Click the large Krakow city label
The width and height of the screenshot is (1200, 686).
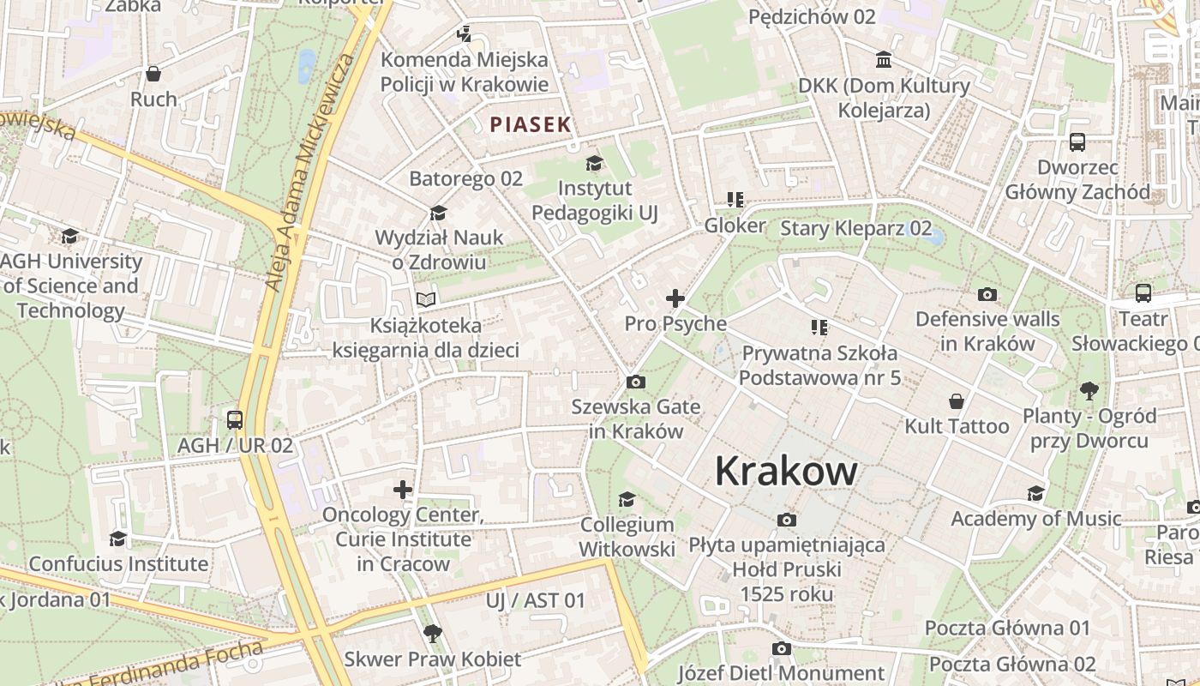(786, 471)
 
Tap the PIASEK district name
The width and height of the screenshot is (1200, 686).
(531, 124)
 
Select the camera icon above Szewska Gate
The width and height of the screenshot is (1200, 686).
(636, 382)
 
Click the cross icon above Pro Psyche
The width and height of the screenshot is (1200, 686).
(675, 298)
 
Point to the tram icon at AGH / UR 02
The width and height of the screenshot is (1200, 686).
(235, 420)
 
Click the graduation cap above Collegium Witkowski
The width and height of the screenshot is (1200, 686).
(627, 499)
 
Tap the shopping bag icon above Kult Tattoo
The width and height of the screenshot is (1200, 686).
(957, 401)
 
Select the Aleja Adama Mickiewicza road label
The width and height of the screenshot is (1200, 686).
(309, 171)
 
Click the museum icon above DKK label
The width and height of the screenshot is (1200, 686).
(884, 59)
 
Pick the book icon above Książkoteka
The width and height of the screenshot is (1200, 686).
(426, 299)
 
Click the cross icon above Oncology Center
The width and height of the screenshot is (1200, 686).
(403, 490)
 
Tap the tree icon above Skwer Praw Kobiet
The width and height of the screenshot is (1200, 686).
(433, 634)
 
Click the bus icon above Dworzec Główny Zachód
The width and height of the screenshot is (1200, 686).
(1077, 142)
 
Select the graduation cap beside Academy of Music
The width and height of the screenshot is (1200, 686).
(1035, 493)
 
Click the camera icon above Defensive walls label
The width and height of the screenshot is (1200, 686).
(987, 294)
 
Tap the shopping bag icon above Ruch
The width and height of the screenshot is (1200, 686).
(153, 74)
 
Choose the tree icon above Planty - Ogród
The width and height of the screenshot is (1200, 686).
(1089, 391)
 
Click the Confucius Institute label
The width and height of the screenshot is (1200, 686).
(118, 563)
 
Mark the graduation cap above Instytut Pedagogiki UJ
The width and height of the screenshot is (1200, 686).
(594, 163)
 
